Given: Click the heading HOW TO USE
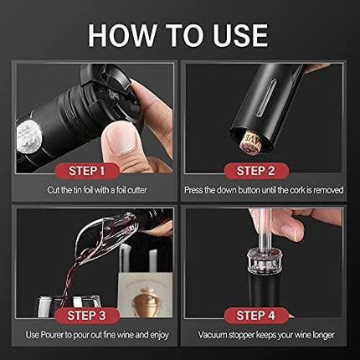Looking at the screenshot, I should [x=178, y=34].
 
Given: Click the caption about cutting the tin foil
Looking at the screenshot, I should [x=95, y=190].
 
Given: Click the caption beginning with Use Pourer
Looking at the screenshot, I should [x=95, y=335].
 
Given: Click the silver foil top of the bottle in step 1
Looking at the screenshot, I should [x=31, y=131].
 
